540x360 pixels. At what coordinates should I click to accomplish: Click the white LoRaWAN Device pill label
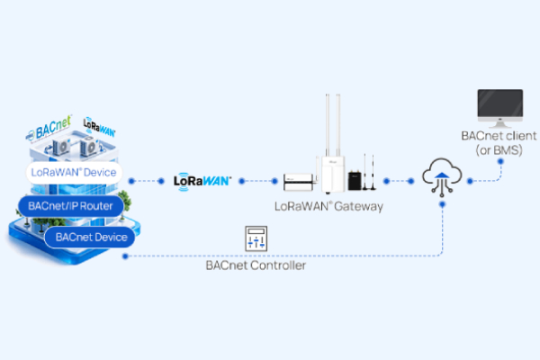point(74,172)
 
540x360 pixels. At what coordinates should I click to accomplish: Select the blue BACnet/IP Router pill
point(70,206)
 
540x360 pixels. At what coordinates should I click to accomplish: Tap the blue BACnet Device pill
point(91,237)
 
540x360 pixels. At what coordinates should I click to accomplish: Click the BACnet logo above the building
point(49,128)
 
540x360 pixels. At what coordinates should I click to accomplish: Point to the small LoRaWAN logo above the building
point(99,127)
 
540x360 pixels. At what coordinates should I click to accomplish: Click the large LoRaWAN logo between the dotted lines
point(202,181)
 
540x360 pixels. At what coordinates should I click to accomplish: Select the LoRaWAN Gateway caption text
point(328,206)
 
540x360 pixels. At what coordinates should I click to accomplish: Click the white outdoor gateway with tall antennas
point(332,144)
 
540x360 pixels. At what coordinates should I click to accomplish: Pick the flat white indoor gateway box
point(298,182)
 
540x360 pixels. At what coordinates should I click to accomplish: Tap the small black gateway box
point(355,180)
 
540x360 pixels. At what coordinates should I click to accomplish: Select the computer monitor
point(500,108)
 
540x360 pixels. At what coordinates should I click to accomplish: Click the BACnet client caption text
point(499,136)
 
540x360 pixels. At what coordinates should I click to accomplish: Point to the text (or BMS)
point(499,150)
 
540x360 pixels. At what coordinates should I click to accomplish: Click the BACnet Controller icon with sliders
point(256,238)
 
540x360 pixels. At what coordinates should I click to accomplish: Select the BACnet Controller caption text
point(256,265)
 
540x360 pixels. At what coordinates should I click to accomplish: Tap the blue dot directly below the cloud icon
point(443,204)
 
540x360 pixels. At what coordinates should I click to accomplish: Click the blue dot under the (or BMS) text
point(500,161)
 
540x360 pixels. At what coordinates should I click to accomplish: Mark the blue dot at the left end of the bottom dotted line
point(125,256)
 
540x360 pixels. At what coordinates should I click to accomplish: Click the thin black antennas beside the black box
point(369,172)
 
